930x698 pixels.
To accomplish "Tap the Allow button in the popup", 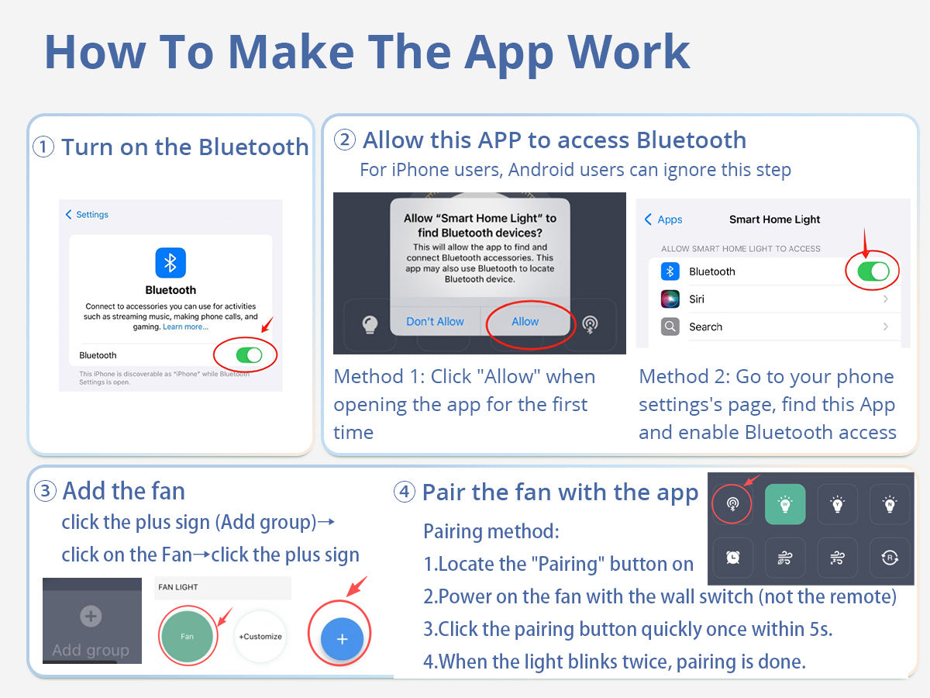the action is [525, 321].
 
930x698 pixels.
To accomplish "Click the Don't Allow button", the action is [435, 321].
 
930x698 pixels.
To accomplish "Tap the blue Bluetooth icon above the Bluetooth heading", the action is [170, 263].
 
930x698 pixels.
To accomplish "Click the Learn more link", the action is [185, 327].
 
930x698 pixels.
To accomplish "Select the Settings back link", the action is [87, 215].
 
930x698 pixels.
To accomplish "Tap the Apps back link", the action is [663, 219].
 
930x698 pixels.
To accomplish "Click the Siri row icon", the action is [670, 299].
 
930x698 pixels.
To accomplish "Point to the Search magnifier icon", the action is [670, 327].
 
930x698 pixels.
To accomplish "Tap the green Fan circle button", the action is [188, 636].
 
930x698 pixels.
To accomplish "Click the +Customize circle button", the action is [260, 636].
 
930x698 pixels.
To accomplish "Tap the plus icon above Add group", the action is [91, 616].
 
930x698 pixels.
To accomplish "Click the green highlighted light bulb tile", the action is [785, 504].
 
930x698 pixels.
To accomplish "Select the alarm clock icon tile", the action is [732, 558].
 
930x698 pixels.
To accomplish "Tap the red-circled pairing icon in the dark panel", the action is [732, 504].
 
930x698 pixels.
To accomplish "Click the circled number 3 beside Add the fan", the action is [45, 491].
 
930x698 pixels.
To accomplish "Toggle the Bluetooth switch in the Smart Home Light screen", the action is [873, 271].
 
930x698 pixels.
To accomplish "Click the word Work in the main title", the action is [629, 52].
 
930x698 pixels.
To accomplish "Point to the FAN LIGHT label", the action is [178, 587].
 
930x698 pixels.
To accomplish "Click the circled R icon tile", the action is [890, 558].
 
